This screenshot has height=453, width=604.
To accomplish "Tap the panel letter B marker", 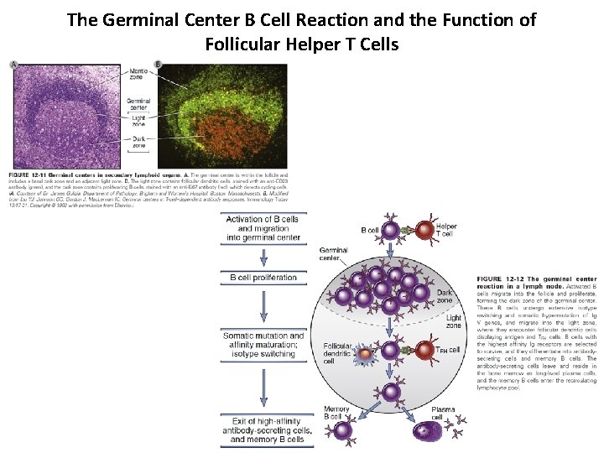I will coord(159,65).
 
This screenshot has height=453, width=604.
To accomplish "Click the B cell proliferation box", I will coord(263,278).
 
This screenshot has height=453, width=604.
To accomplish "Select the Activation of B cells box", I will coord(263,227).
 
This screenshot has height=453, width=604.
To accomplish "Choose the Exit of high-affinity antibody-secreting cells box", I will coord(263,429).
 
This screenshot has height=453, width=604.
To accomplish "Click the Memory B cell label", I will coord(336,414).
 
